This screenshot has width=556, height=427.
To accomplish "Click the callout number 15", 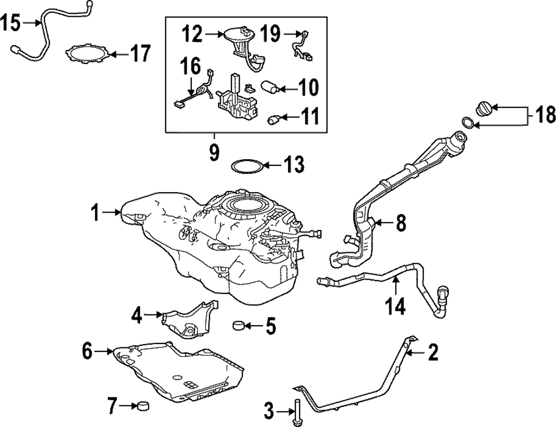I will (11, 23).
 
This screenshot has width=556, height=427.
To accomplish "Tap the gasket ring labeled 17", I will (86, 54).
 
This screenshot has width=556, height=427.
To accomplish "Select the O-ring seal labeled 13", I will (246, 165).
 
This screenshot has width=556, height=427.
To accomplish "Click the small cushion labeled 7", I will (145, 406).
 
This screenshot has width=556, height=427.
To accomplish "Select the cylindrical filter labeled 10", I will (270, 87).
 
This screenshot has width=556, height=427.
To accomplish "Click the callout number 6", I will (87, 351).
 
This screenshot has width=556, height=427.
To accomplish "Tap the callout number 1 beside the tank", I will (96, 212).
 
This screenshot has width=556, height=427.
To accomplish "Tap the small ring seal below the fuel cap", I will (469, 122).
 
